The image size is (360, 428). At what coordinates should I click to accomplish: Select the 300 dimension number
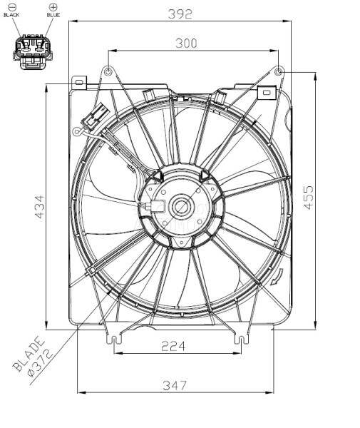pos(187,44)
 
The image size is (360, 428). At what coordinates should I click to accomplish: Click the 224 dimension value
pos(173,346)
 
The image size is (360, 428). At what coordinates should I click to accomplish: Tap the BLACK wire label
pos(12,14)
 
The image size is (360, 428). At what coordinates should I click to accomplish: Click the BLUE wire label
pos(53,14)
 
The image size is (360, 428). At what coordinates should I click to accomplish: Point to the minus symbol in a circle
pos(12,6)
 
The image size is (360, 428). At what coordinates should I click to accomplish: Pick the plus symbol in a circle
pos(53,6)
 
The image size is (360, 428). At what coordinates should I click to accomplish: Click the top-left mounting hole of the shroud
pos(108,72)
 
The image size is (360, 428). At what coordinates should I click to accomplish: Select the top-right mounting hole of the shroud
pos(279,72)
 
